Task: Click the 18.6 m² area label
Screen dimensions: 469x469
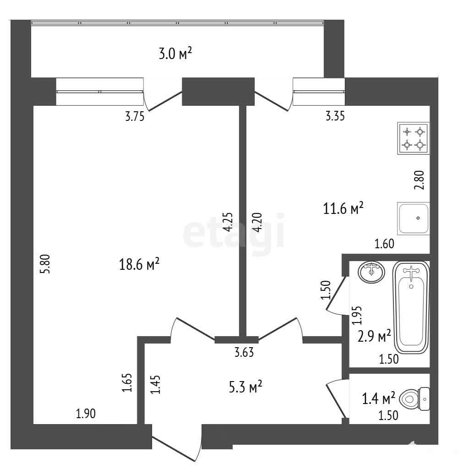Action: [x=139, y=264]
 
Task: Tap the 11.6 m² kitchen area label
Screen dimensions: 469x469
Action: [x=344, y=208]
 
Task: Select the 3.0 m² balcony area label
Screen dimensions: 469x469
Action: [x=175, y=54]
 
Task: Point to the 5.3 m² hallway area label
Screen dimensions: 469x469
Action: [x=245, y=387]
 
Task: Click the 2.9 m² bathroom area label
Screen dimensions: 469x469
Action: [x=374, y=336]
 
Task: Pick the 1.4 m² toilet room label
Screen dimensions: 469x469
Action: [x=379, y=398]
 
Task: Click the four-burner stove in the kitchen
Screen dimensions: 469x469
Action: [x=414, y=138]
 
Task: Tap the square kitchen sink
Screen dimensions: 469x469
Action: [x=414, y=218]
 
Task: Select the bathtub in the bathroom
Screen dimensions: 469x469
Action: [x=411, y=307]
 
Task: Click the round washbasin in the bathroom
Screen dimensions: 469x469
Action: [x=371, y=272]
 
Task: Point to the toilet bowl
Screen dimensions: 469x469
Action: [x=414, y=399]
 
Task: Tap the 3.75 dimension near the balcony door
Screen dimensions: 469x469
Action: [x=135, y=116]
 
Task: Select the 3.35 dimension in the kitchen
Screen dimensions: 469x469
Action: [x=335, y=116]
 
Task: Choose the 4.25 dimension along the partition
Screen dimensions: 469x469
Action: [x=228, y=222]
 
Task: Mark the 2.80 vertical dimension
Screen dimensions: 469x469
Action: [x=419, y=180]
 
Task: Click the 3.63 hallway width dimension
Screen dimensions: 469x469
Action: [x=244, y=352]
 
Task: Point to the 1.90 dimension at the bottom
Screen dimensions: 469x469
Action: [x=86, y=414]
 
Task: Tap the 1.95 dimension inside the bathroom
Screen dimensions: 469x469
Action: [x=357, y=315]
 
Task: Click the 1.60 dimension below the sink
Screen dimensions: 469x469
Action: [x=385, y=244]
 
